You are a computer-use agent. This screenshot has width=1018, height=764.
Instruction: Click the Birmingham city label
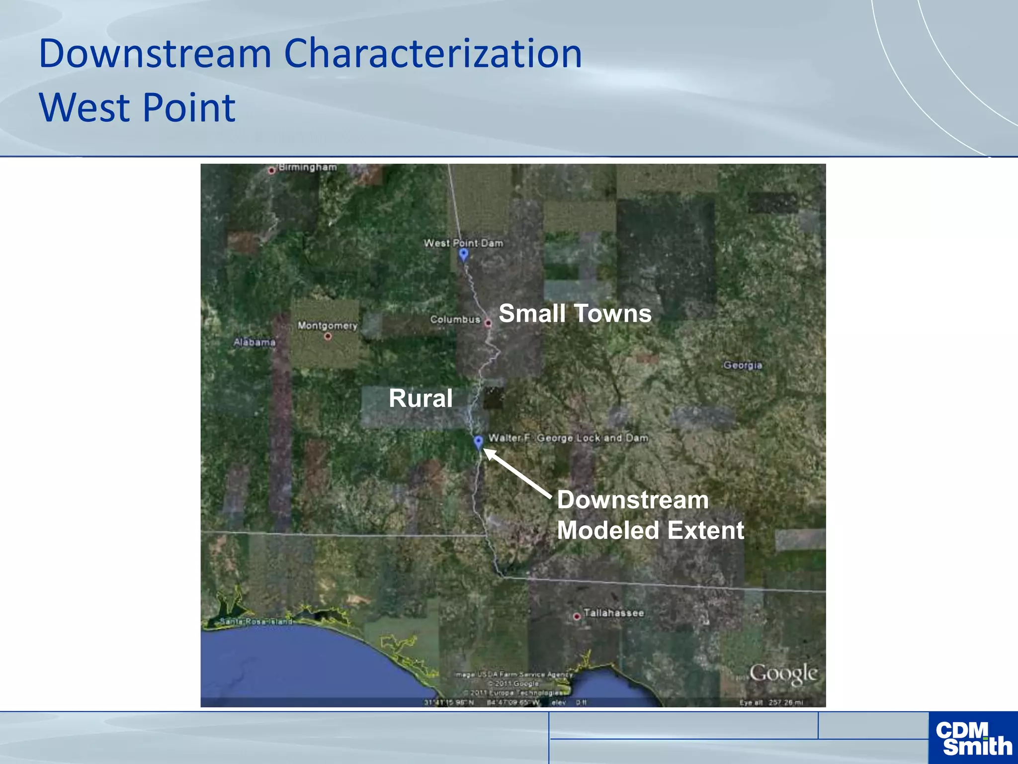[307, 167]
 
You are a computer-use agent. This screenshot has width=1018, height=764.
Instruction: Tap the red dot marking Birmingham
[272, 171]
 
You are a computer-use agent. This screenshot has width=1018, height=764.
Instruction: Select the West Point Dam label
[463, 243]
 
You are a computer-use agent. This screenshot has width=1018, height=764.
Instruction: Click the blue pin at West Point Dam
[464, 255]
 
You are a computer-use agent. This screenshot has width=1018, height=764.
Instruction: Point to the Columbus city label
[455, 319]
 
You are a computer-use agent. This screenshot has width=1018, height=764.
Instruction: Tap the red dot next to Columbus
[488, 323]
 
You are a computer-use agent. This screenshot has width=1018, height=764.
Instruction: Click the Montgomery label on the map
[328, 325]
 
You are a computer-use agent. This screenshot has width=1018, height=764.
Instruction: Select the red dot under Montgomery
[328, 336]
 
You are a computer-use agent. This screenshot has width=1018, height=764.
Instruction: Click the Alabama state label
[254, 342]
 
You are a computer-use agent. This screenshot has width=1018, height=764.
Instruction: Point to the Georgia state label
[743, 365]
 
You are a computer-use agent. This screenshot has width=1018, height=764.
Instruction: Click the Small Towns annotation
[575, 313]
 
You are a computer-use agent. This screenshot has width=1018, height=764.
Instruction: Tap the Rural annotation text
[421, 398]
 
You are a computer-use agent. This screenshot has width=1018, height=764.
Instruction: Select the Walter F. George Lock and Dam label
[568, 438]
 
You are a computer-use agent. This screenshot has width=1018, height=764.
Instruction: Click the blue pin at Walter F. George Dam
[478, 441]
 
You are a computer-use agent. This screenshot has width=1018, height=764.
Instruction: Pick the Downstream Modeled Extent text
[650, 515]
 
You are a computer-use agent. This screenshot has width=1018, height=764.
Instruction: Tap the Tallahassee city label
[613, 613]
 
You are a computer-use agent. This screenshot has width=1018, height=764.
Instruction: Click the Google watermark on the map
[783, 673]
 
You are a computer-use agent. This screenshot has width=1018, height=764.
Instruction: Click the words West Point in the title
[137, 107]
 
